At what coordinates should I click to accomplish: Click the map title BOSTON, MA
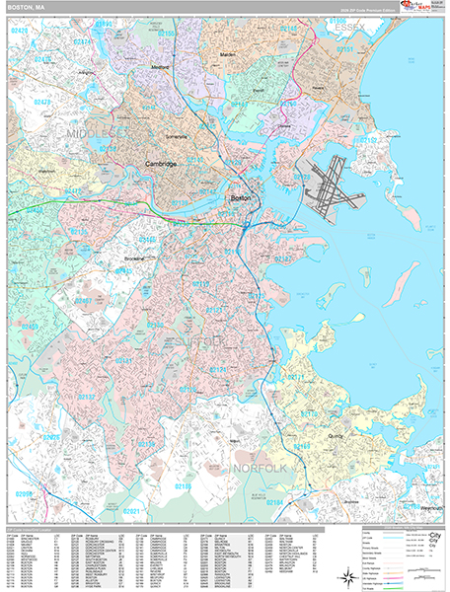28,7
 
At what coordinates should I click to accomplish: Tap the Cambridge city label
160,165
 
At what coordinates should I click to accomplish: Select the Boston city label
241,198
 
